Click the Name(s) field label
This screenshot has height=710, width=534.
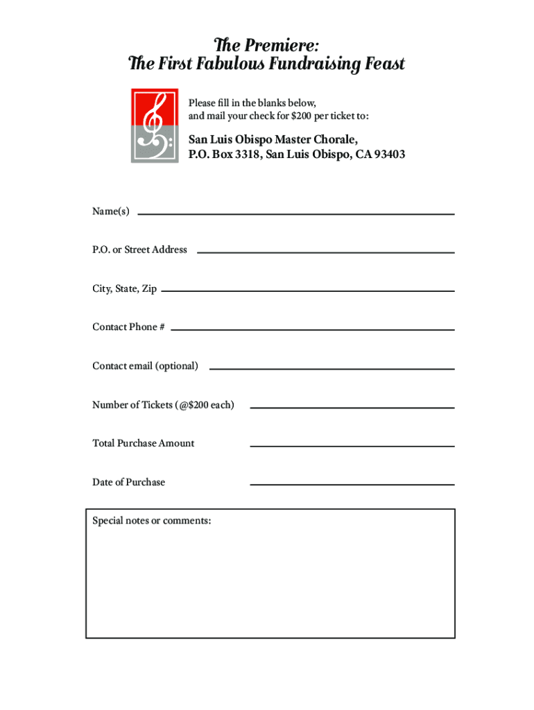coord(111,211)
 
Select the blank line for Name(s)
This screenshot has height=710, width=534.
coord(296,214)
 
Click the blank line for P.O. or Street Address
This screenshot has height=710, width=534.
coord(326,252)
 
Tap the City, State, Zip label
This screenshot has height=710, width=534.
coord(125,288)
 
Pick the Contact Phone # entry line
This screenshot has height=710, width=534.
coord(312,329)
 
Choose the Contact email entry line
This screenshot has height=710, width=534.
coord(331,368)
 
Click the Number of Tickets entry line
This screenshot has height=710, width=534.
coord(352,407)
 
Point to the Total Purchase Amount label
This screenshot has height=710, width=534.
coord(144,443)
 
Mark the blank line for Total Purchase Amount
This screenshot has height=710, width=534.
coord(352,446)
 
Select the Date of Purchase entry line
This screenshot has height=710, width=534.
coord(352,484)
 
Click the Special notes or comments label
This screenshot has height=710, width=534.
coord(152,521)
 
